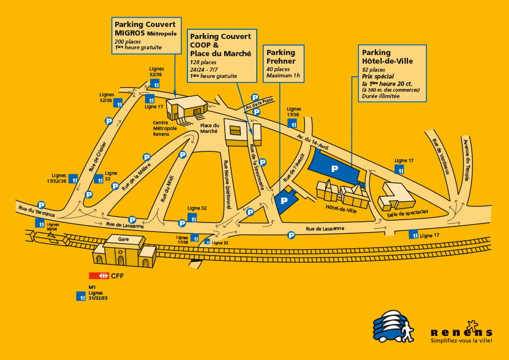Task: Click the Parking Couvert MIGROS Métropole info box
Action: tap(146, 36)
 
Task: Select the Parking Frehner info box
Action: tap(283, 64)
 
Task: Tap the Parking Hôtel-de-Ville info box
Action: tap(392, 73)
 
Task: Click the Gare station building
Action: tap(124, 251)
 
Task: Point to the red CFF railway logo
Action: tap(99, 276)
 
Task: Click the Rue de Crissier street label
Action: tap(97, 156)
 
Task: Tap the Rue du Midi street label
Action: tap(167, 189)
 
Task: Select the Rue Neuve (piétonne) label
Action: tap(228, 184)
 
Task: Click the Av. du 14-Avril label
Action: tap(312, 142)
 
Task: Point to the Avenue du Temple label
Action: tap(466, 160)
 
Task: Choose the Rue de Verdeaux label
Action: tap(441, 156)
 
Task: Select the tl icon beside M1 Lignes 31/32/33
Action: tap(81, 296)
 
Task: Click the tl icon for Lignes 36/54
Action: tap(40, 224)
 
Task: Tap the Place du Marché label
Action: tap(209, 128)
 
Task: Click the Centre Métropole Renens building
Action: tap(187, 108)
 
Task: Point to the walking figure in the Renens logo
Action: tap(407, 332)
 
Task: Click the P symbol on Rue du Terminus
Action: tap(41, 205)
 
